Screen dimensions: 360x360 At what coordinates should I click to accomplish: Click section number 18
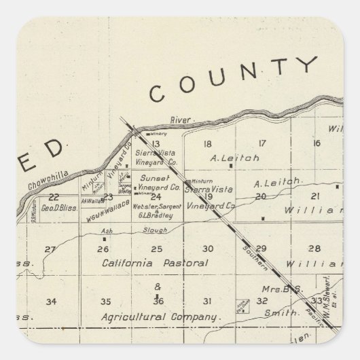pos(208,143)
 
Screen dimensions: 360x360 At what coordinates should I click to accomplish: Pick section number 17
pos(261,143)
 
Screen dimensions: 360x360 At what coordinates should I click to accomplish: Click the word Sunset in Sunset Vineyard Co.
pos(149,177)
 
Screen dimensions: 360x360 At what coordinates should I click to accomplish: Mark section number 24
pos(156,197)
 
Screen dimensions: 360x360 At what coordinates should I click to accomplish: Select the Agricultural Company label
pos(161,317)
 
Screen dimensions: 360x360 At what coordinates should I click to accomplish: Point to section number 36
pos(158,301)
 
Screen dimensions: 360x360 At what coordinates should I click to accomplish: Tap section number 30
pos(209,249)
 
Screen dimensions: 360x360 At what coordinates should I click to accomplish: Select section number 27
pos(50,249)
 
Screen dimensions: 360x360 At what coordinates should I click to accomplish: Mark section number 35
pos(105,301)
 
